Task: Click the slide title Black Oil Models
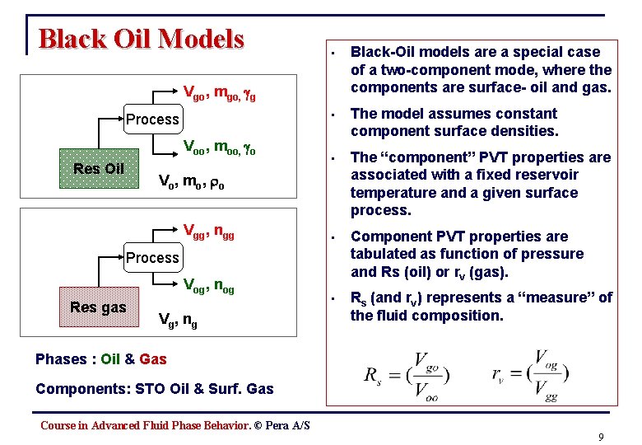point(142,39)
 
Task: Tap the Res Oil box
point(99,169)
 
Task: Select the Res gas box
point(99,307)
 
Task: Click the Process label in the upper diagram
point(152,119)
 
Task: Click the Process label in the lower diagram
point(152,257)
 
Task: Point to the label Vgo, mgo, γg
point(219,91)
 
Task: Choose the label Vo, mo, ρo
point(190,180)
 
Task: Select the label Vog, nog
point(208,286)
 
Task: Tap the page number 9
point(602,438)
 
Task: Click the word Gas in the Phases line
point(153,358)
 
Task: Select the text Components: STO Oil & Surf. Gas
point(155,388)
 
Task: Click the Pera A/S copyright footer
point(175,425)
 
